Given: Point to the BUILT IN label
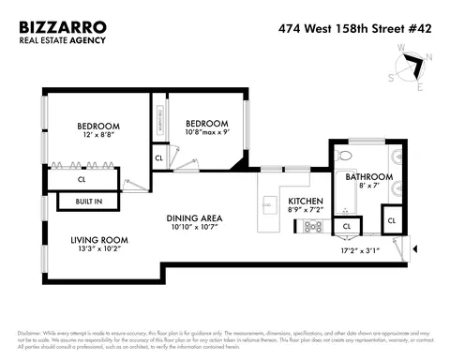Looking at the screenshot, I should click(78, 202).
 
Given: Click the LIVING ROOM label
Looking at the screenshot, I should click(99, 240).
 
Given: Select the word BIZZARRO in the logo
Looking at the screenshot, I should click(62, 27).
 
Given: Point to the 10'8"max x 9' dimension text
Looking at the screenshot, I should click(206, 133).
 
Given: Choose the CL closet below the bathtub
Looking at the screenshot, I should click(347, 226).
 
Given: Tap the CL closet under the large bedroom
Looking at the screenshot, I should click(82, 179).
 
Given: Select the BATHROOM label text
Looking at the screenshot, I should click(364, 176).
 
